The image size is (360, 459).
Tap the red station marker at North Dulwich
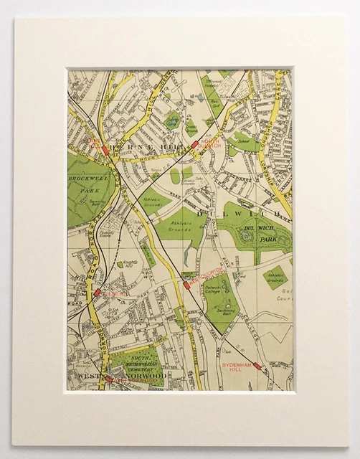194,144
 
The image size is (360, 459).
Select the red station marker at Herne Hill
105,150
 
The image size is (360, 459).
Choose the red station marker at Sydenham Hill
256,365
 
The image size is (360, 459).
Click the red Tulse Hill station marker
96,293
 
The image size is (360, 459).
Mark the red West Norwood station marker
108,379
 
